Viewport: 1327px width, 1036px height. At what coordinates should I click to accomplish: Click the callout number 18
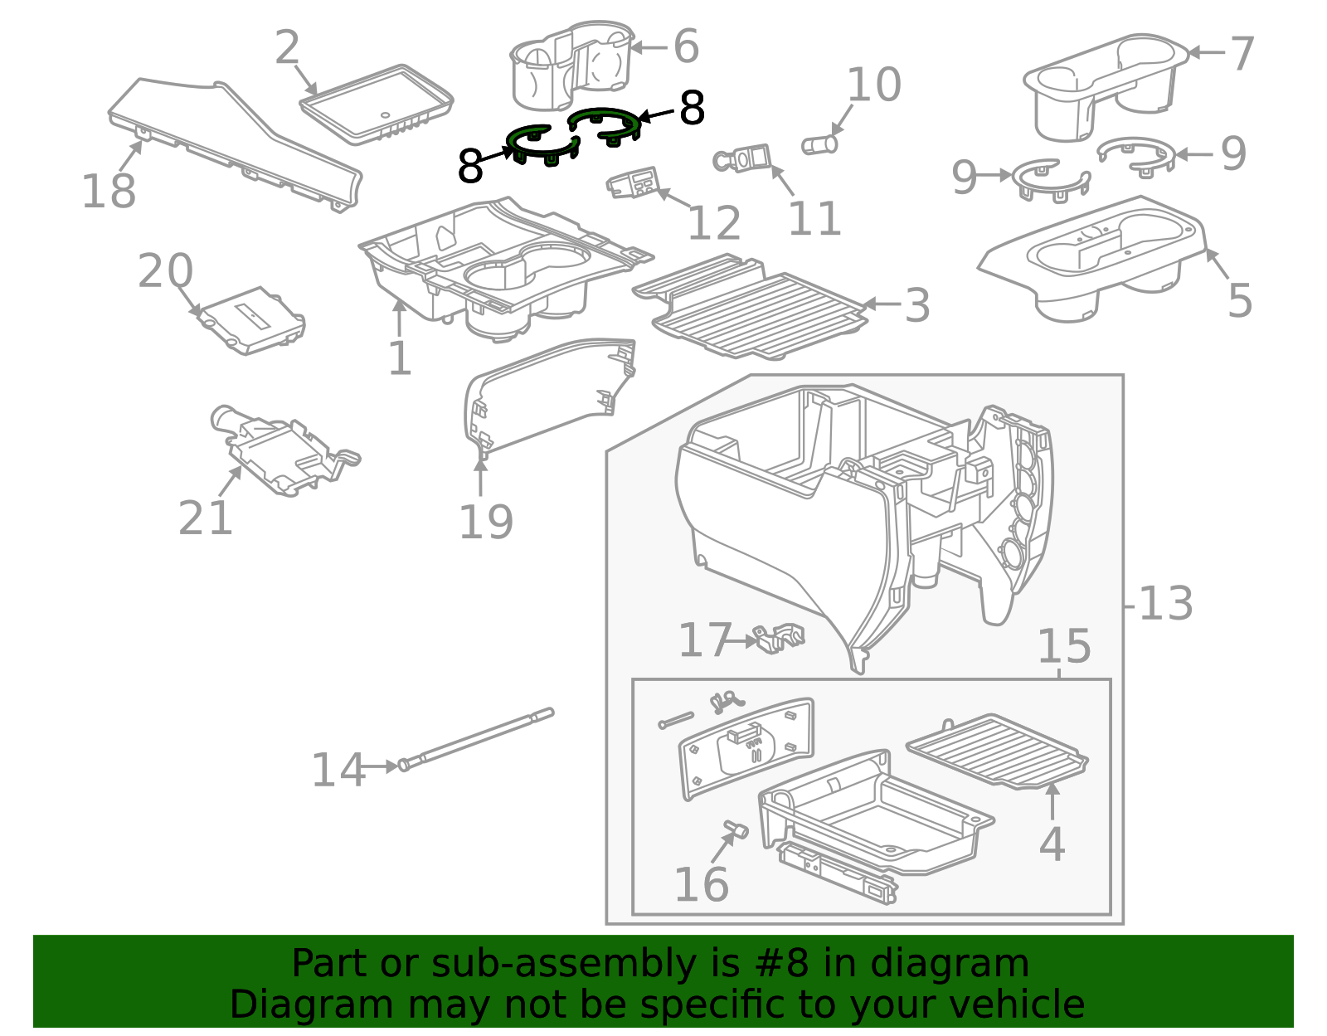pyautogui.click(x=109, y=192)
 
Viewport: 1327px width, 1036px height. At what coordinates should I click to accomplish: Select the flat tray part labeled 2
pyautogui.click(x=377, y=104)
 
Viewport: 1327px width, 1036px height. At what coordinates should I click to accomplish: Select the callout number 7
pyautogui.click(x=1241, y=55)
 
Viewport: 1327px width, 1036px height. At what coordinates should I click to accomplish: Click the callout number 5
pyautogui.click(x=1239, y=300)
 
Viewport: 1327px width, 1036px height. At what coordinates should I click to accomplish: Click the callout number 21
pyautogui.click(x=205, y=518)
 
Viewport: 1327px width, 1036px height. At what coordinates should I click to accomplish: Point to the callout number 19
pyautogui.click(x=486, y=522)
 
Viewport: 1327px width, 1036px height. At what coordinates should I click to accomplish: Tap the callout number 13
pyautogui.click(x=1166, y=604)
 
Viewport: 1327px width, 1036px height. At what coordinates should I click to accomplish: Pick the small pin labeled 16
pyautogui.click(x=735, y=829)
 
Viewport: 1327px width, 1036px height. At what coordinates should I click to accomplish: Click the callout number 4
pyautogui.click(x=1052, y=844)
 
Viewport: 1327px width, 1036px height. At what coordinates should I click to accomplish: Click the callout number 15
pyautogui.click(x=1064, y=646)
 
